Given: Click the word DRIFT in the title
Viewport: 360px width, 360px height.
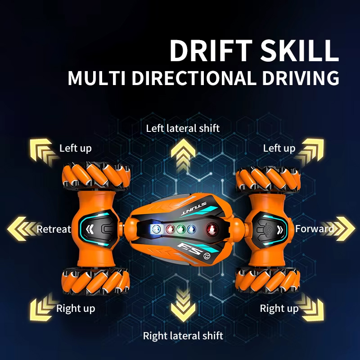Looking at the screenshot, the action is [211, 50].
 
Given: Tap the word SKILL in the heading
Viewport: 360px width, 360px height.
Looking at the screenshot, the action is [300, 50].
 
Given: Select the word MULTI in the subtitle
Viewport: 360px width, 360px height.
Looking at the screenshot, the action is [97, 78].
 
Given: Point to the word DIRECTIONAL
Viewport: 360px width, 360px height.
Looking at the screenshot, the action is [194, 78].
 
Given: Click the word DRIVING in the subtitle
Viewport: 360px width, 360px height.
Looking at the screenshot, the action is [301, 78].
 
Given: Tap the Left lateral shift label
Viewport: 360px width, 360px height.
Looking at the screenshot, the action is [183, 128].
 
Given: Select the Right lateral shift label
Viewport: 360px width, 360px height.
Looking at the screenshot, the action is [183, 336].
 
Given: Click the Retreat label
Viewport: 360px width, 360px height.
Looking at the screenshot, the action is [54, 229].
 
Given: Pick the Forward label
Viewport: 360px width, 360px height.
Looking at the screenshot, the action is [314, 229].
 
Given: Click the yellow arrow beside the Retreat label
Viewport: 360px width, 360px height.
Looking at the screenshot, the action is [22, 229].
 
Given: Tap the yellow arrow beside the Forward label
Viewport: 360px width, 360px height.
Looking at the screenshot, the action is [339, 229].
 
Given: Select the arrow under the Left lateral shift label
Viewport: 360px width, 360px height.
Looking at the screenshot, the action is [183, 155].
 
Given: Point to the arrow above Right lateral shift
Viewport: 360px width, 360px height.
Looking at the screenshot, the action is [183, 306].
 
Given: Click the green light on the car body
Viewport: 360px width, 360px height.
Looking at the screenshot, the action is [181, 229].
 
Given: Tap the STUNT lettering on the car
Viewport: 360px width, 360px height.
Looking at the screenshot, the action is [194, 208].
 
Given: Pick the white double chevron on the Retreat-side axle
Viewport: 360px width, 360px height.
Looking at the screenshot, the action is [90, 229].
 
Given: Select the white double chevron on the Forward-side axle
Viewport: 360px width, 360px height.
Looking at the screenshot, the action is [280, 229].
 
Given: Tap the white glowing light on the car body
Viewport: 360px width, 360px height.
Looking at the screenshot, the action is [156, 229].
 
